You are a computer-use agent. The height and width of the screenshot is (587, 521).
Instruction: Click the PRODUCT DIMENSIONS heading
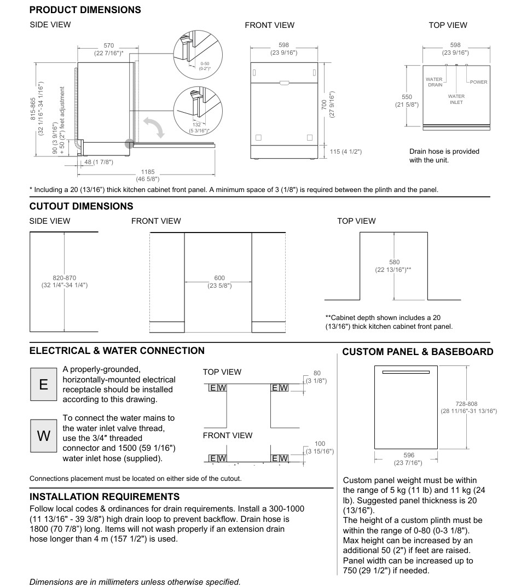pos(85,10)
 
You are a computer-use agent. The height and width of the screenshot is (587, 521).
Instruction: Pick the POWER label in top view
pos(478,82)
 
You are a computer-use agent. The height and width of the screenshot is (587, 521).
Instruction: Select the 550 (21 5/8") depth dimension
pos(406,100)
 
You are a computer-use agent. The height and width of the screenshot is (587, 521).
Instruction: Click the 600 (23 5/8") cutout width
pos(218,282)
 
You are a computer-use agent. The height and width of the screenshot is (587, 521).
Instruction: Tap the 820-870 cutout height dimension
pos(65,282)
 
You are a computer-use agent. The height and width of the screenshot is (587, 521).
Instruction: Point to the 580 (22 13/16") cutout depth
pos(393,266)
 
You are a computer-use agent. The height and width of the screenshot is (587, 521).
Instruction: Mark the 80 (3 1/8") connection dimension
pos(316,376)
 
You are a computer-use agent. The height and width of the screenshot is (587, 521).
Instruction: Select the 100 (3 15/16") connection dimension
pos(320,447)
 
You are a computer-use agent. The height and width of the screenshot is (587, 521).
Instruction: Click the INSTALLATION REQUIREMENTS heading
pos(105,496)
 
